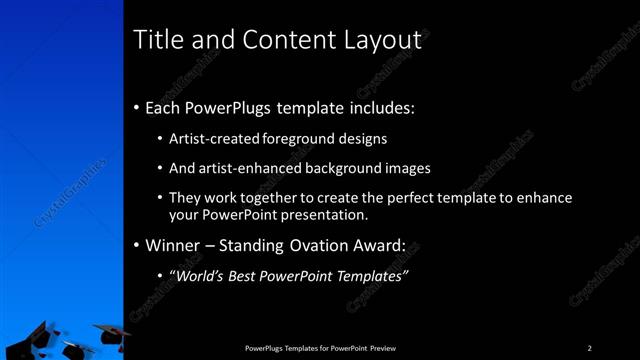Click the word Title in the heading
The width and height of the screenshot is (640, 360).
click(157, 41)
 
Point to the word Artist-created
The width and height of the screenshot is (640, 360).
click(209, 139)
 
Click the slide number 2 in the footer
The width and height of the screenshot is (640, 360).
click(590, 348)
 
